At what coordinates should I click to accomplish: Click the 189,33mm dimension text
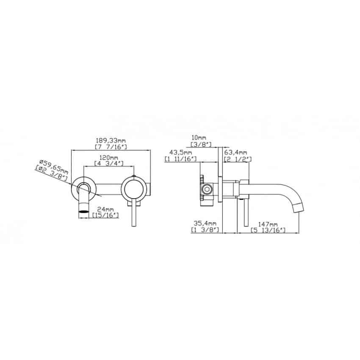pos(111,140)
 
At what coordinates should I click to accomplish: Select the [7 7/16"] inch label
pos(111,147)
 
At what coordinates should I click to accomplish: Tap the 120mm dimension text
pos(108,158)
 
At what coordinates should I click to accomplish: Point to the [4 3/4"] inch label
pos(109,163)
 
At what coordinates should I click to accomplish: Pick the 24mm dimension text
pos(105,209)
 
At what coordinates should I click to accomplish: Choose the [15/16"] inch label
pos(105,215)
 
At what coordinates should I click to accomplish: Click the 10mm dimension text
pos(199,138)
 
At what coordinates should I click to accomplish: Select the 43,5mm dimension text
pos(181,152)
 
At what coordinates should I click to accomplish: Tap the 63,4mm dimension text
pos(235,152)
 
